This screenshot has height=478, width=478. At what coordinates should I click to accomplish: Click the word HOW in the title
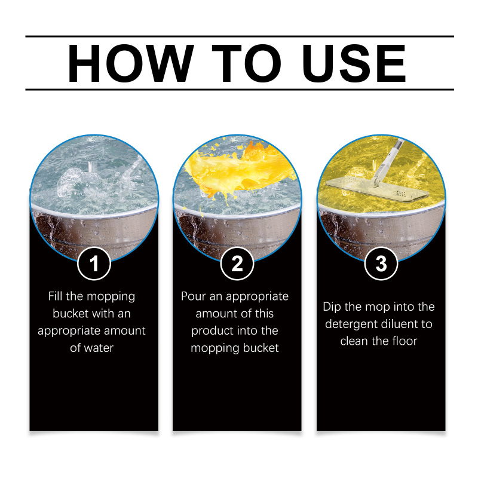tap(131, 63)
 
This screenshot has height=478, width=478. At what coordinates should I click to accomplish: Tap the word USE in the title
tap(354, 63)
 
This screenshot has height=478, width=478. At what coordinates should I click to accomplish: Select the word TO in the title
tap(246, 63)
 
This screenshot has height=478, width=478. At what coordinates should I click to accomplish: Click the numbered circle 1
tap(94, 263)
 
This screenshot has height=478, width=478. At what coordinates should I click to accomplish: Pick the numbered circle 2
tap(237, 263)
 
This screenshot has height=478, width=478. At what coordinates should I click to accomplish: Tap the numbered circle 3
tap(381, 263)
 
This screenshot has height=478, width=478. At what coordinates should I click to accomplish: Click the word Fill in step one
tap(55, 296)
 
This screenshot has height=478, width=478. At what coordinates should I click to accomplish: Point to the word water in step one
tap(98, 348)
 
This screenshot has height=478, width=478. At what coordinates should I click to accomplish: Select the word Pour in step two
tap(191, 296)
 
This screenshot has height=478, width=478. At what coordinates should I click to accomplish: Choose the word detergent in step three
tap(350, 324)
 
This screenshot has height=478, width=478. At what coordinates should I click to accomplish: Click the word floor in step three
tap(405, 341)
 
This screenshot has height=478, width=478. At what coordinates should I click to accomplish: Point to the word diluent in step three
tap(398, 324)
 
